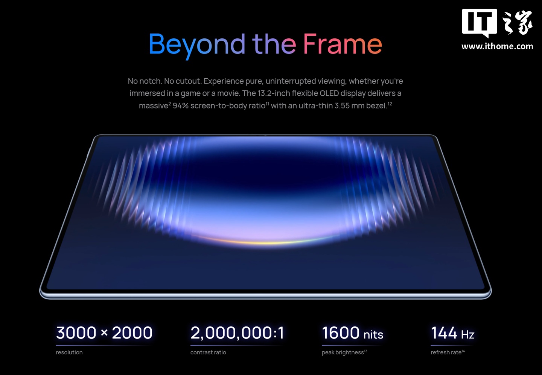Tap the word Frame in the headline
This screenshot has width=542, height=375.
click(343, 44)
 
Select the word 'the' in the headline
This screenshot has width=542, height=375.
click(274, 44)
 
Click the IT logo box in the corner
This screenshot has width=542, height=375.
click(480, 23)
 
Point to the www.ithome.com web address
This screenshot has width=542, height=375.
click(497, 46)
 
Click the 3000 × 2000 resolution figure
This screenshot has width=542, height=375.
click(104, 332)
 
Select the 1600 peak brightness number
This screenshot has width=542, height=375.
click(340, 332)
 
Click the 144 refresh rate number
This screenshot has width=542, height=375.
click(444, 332)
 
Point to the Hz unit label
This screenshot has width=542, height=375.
click(468, 335)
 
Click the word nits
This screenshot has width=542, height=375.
click(373, 335)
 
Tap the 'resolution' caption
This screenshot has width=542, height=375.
click(69, 352)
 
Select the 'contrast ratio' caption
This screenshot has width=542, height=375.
click(208, 352)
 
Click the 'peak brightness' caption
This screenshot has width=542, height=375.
click(343, 352)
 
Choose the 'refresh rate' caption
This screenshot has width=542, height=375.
click(446, 352)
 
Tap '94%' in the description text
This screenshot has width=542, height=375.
click(181, 105)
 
